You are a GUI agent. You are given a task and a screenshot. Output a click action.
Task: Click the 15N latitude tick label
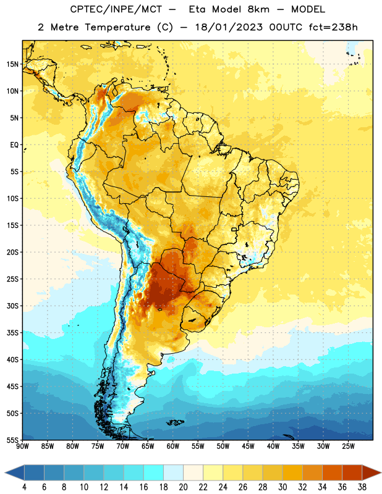point(12,64)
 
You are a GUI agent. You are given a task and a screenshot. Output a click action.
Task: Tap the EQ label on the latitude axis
point(14,145)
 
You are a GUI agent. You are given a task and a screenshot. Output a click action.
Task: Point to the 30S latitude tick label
point(12,306)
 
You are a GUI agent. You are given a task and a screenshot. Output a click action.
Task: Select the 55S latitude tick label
point(12,440)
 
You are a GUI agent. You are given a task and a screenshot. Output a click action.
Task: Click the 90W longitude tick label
point(23,446)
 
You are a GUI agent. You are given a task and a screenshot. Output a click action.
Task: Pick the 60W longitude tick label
point(173,446)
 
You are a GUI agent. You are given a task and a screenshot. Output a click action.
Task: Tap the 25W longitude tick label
point(348,446)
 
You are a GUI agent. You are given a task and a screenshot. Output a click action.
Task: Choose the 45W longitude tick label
point(248,446)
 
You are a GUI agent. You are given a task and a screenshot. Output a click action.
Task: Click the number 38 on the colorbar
point(362,487)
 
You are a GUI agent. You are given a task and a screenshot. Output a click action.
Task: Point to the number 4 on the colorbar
point(24,487)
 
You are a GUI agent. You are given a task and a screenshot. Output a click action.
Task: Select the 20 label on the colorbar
point(183,487)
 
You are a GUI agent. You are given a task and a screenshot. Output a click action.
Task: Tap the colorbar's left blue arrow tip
point(5,473)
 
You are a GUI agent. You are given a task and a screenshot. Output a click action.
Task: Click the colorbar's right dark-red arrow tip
point(381,473)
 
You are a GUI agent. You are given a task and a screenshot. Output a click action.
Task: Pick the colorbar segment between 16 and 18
point(154,473)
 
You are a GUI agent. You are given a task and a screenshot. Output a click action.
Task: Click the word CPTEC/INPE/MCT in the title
point(116,9)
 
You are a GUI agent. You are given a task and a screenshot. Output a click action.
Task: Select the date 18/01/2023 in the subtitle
point(229,27)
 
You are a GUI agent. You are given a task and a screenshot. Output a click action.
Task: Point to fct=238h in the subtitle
point(333,27)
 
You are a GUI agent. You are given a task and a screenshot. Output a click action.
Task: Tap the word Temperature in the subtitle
point(117,27)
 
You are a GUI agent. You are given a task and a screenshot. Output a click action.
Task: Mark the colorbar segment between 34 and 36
point(332,473)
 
